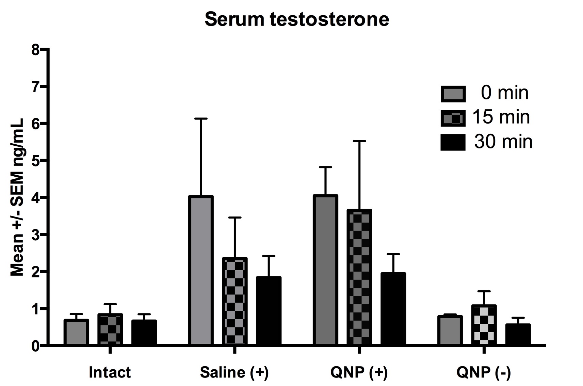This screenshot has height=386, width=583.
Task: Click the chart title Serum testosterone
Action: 296,19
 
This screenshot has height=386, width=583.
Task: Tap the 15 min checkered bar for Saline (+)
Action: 235,301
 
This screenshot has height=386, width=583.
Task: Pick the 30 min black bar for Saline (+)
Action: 269,310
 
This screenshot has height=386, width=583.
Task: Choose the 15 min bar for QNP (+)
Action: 359,277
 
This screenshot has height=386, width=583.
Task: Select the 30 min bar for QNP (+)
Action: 393,309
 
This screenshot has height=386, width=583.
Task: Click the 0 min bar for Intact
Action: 76,332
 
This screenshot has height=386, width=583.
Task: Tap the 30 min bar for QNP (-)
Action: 518,334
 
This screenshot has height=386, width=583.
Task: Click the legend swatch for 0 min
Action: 453,94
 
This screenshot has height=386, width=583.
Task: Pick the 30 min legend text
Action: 503,142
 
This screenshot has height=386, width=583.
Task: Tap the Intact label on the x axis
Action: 110,372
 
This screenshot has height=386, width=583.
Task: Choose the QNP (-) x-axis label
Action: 484,372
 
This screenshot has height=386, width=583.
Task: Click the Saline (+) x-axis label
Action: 234,372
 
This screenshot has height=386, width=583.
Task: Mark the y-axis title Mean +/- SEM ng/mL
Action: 17,197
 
